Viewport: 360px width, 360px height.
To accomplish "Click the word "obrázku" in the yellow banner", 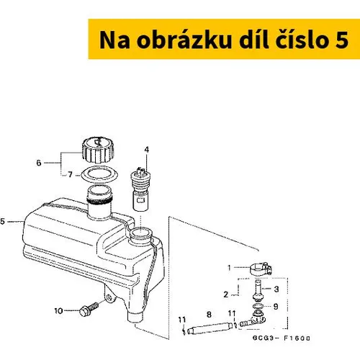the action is pos(184,40).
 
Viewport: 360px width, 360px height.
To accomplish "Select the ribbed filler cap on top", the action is pos(98,150).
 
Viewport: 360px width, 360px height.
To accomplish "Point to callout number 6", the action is pos(39,163).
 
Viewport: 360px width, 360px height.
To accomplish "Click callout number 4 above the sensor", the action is pos(146,150).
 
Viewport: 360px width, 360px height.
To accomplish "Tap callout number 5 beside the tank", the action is pos(2,221).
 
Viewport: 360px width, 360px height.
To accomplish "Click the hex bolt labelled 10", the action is pos(89,309).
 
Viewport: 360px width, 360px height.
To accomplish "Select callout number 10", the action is pos(58,311).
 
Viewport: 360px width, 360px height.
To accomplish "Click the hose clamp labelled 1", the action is pos(261,269).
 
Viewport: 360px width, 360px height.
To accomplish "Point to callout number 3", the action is pos(276,289).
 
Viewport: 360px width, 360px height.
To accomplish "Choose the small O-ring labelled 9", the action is pos(258,306).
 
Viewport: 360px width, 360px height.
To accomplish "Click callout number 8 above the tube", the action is pos(209,315).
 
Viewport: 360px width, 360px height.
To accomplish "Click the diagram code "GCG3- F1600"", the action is pos(281,338).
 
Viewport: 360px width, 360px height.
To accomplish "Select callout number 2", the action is pos(225,294).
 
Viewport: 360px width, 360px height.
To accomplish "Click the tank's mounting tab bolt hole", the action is pos(109,297).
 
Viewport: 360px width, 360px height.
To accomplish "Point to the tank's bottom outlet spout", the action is pos(135,317).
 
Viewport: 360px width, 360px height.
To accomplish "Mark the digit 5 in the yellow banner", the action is pos(342,40).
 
